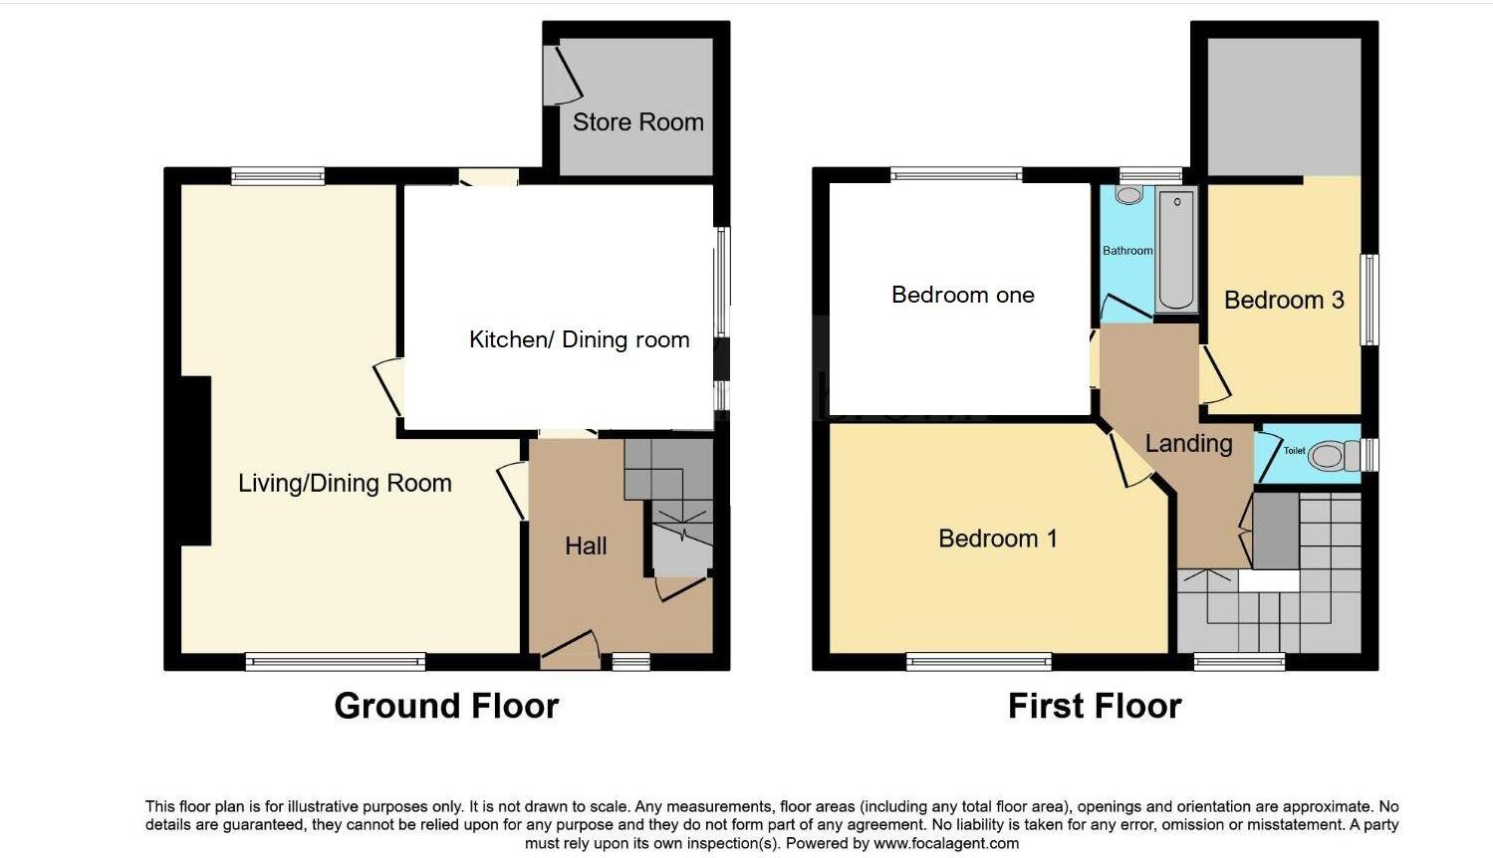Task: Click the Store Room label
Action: pos(637,122)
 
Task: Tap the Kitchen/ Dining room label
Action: pos(579,339)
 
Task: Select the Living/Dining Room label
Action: pos(345,484)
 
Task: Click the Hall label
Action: pos(586,545)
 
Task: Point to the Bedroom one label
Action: pos(962,295)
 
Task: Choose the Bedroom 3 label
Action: pos(1284,300)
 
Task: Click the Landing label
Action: pos(1188,443)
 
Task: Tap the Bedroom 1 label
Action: pos(997,538)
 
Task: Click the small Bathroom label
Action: pos(1127,251)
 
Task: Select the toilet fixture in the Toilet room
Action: pos(1333,456)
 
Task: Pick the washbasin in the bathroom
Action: pos(1128,195)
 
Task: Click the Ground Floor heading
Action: pos(446,706)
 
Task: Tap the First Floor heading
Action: pos(1094,706)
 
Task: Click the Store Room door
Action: pos(563,75)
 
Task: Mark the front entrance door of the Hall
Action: pos(570,648)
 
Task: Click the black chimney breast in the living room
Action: pos(195,460)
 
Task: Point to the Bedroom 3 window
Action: pos(1370,300)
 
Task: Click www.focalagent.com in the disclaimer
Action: pos(946,843)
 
